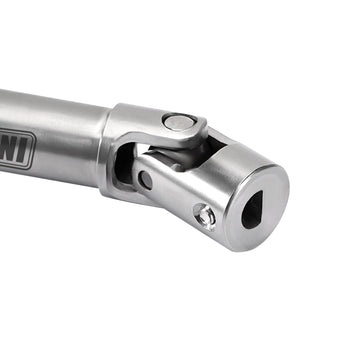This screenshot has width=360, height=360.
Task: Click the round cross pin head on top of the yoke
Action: point(178,121)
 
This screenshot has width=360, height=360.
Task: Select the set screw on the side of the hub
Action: point(205,214)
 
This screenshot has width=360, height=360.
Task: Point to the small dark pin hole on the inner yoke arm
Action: point(146,180)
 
